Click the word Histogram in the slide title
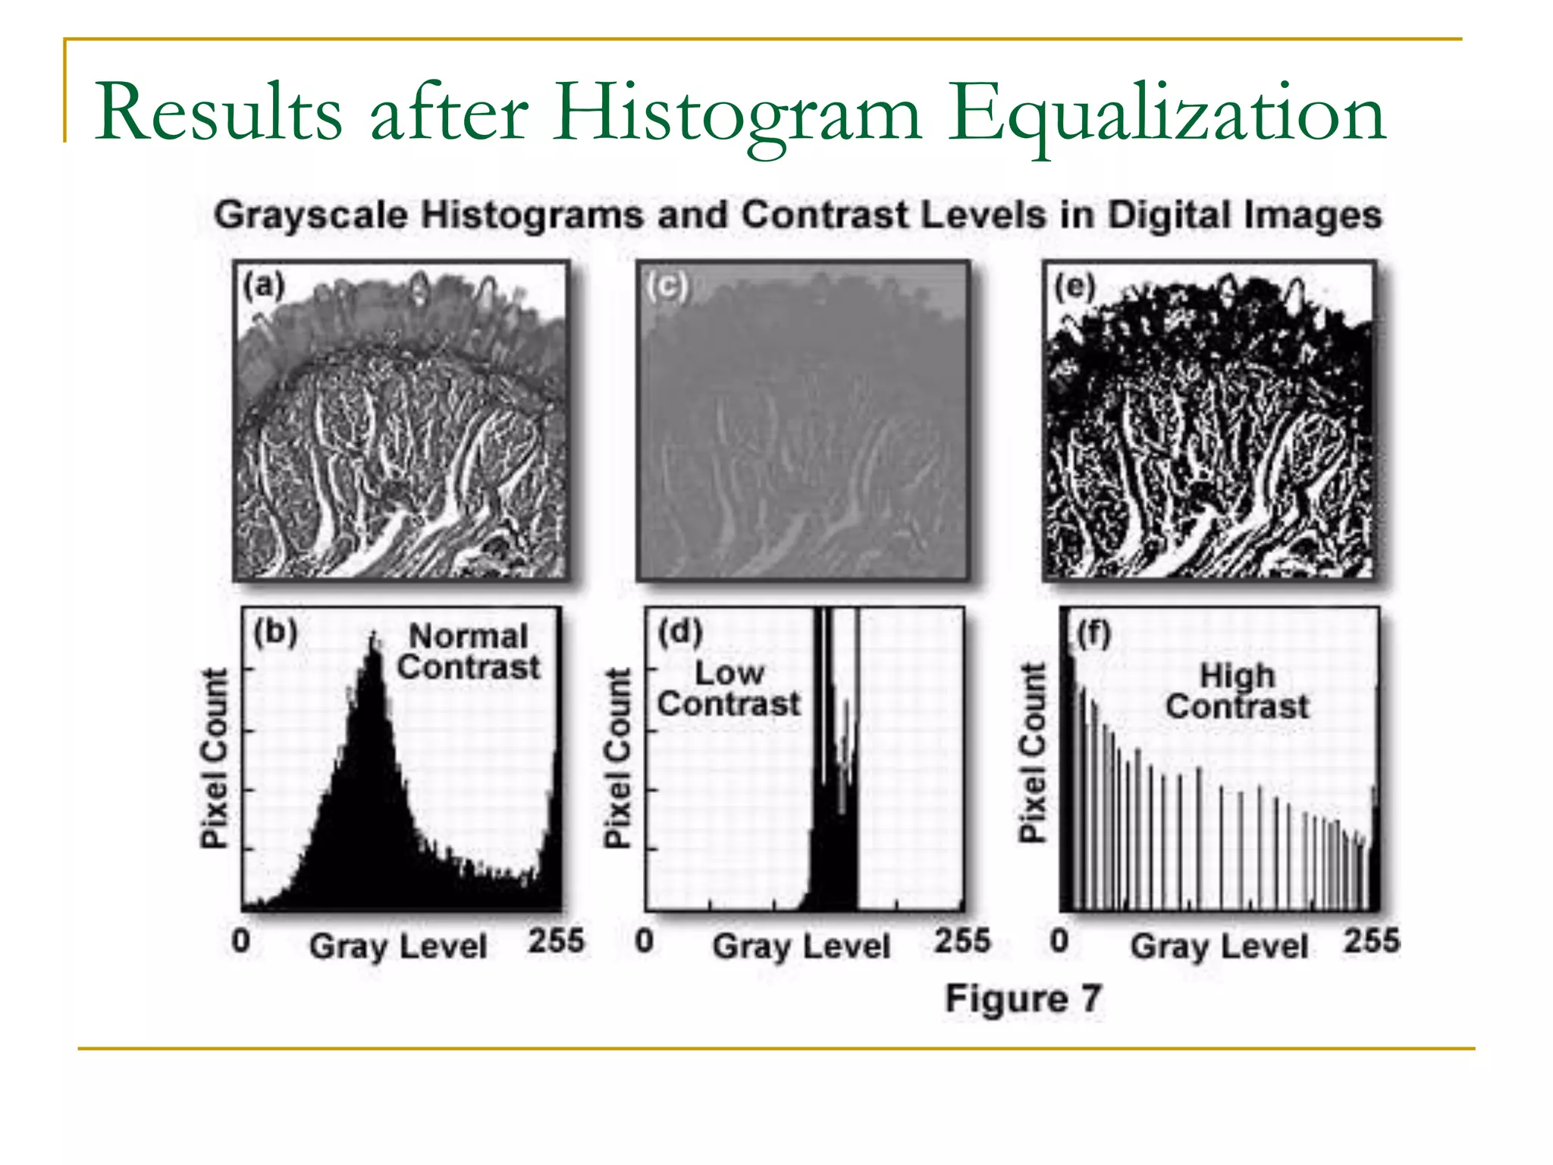tap(736, 114)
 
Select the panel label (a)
tap(263, 285)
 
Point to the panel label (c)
tap(667, 286)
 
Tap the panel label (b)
tap(275, 631)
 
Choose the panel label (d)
tap(680, 631)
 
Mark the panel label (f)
tap(1093, 633)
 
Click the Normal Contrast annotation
tap(469, 652)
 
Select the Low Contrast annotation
tap(729, 689)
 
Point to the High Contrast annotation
tap(1237, 691)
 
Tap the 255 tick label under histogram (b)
tap(556, 940)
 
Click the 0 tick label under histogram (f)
tap(1059, 941)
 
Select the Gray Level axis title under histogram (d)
tap(801, 947)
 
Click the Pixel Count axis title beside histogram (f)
tap(1031, 752)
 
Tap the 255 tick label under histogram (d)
tap(962, 940)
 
